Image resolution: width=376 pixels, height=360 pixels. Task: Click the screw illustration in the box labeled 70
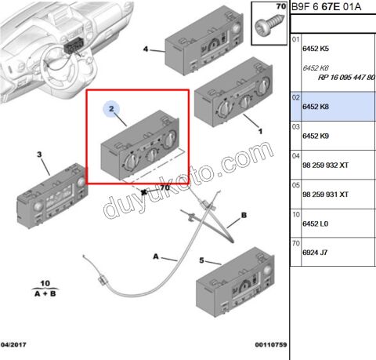tap(269, 26)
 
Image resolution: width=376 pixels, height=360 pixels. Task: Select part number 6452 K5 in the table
tap(316, 49)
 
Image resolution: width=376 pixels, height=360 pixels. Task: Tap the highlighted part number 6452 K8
tap(316, 107)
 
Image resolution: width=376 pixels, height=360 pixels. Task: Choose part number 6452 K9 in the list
tap(316, 136)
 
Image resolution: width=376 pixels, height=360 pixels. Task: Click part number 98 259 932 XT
tap(325, 165)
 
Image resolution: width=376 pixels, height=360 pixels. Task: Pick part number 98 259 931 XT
tap(325, 195)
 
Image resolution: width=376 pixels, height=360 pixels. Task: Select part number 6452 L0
tap(315, 224)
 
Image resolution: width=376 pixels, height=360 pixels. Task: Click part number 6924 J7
tap(315, 253)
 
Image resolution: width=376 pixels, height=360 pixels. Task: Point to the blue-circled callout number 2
tap(111, 109)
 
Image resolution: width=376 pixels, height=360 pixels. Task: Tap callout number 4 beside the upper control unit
tap(146, 49)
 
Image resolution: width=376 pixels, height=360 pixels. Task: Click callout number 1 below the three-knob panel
tap(260, 131)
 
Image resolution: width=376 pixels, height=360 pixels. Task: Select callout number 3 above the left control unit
tap(39, 155)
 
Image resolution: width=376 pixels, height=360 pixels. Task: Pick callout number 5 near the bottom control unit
tap(201, 260)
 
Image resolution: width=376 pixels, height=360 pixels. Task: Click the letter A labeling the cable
tap(156, 256)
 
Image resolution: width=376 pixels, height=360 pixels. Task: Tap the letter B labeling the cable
tap(244, 215)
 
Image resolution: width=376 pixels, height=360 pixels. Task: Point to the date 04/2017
tap(13, 344)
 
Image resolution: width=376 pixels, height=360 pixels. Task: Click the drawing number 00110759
tap(271, 345)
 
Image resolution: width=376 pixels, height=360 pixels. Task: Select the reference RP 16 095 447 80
tap(346, 78)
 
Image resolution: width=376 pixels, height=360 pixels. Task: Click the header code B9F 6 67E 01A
tap(326, 7)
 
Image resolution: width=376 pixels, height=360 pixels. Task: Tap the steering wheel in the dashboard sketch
tap(61, 68)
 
